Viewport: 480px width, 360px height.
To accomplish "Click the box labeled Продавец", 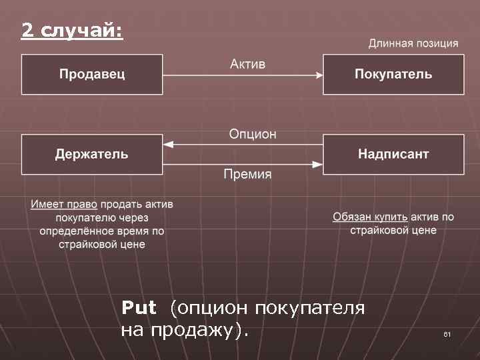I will (x=92, y=74).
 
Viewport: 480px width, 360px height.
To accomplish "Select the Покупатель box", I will (x=393, y=74).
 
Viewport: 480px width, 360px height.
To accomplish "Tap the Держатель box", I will (x=92, y=155).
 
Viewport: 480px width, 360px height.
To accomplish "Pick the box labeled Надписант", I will (x=393, y=155).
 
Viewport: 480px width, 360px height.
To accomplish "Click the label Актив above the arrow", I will (x=247, y=64).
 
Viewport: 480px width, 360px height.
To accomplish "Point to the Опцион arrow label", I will (x=253, y=135).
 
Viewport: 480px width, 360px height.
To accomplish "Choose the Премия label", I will (x=247, y=175).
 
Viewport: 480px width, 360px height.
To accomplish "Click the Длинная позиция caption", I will (x=413, y=43).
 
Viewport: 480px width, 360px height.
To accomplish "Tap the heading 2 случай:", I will (x=72, y=30).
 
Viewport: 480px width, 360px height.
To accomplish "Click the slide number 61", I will (x=447, y=333).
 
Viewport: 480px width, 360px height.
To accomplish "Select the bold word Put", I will (x=139, y=308).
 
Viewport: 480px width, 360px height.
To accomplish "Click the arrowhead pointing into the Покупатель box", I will (x=319, y=75).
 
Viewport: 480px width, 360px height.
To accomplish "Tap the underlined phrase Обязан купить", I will (x=370, y=217).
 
